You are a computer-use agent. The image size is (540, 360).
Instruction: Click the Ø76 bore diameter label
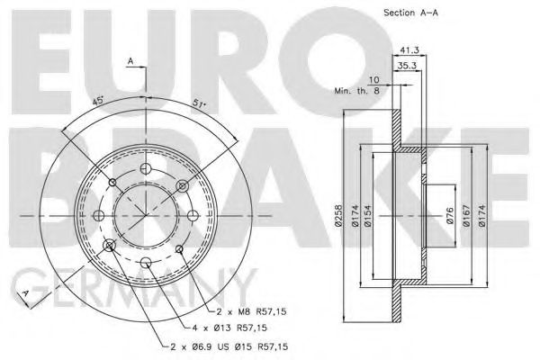click(448, 217)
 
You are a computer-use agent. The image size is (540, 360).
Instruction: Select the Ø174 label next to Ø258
click(356, 217)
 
